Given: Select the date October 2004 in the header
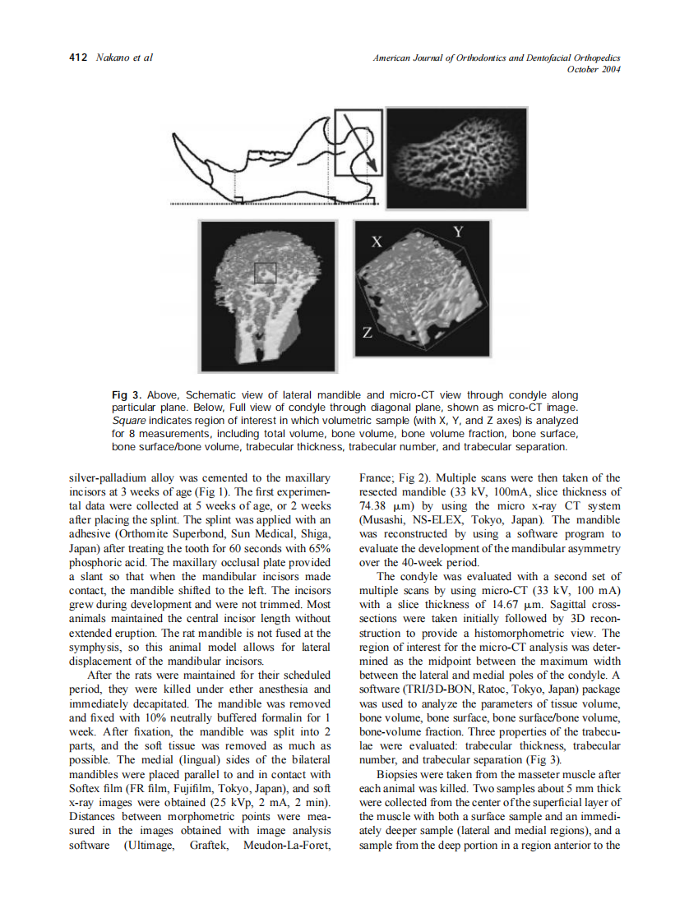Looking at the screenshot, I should tap(594, 69).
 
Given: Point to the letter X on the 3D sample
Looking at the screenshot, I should tap(377, 242).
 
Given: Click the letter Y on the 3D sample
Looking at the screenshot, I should tap(459, 233).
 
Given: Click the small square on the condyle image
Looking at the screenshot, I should tap(265, 273).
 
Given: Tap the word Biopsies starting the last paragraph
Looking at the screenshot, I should tap(401, 774).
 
